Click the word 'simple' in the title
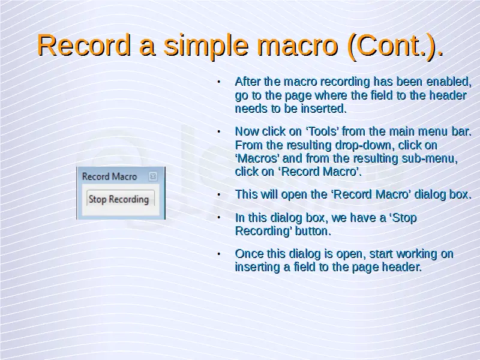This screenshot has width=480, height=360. [206, 46]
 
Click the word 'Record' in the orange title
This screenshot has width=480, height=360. [84, 46]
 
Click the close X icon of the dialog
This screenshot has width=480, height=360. [153, 176]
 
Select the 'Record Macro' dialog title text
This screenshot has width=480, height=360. [109, 176]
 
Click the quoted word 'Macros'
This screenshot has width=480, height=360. [257, 158]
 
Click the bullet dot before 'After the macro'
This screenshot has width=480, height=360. [218, 82]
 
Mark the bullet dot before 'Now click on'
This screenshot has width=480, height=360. [218, 131]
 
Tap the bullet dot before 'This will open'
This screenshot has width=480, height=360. [218, 194]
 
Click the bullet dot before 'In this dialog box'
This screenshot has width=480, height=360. [218, 218]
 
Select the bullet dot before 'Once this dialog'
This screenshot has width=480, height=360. [218, 254]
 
